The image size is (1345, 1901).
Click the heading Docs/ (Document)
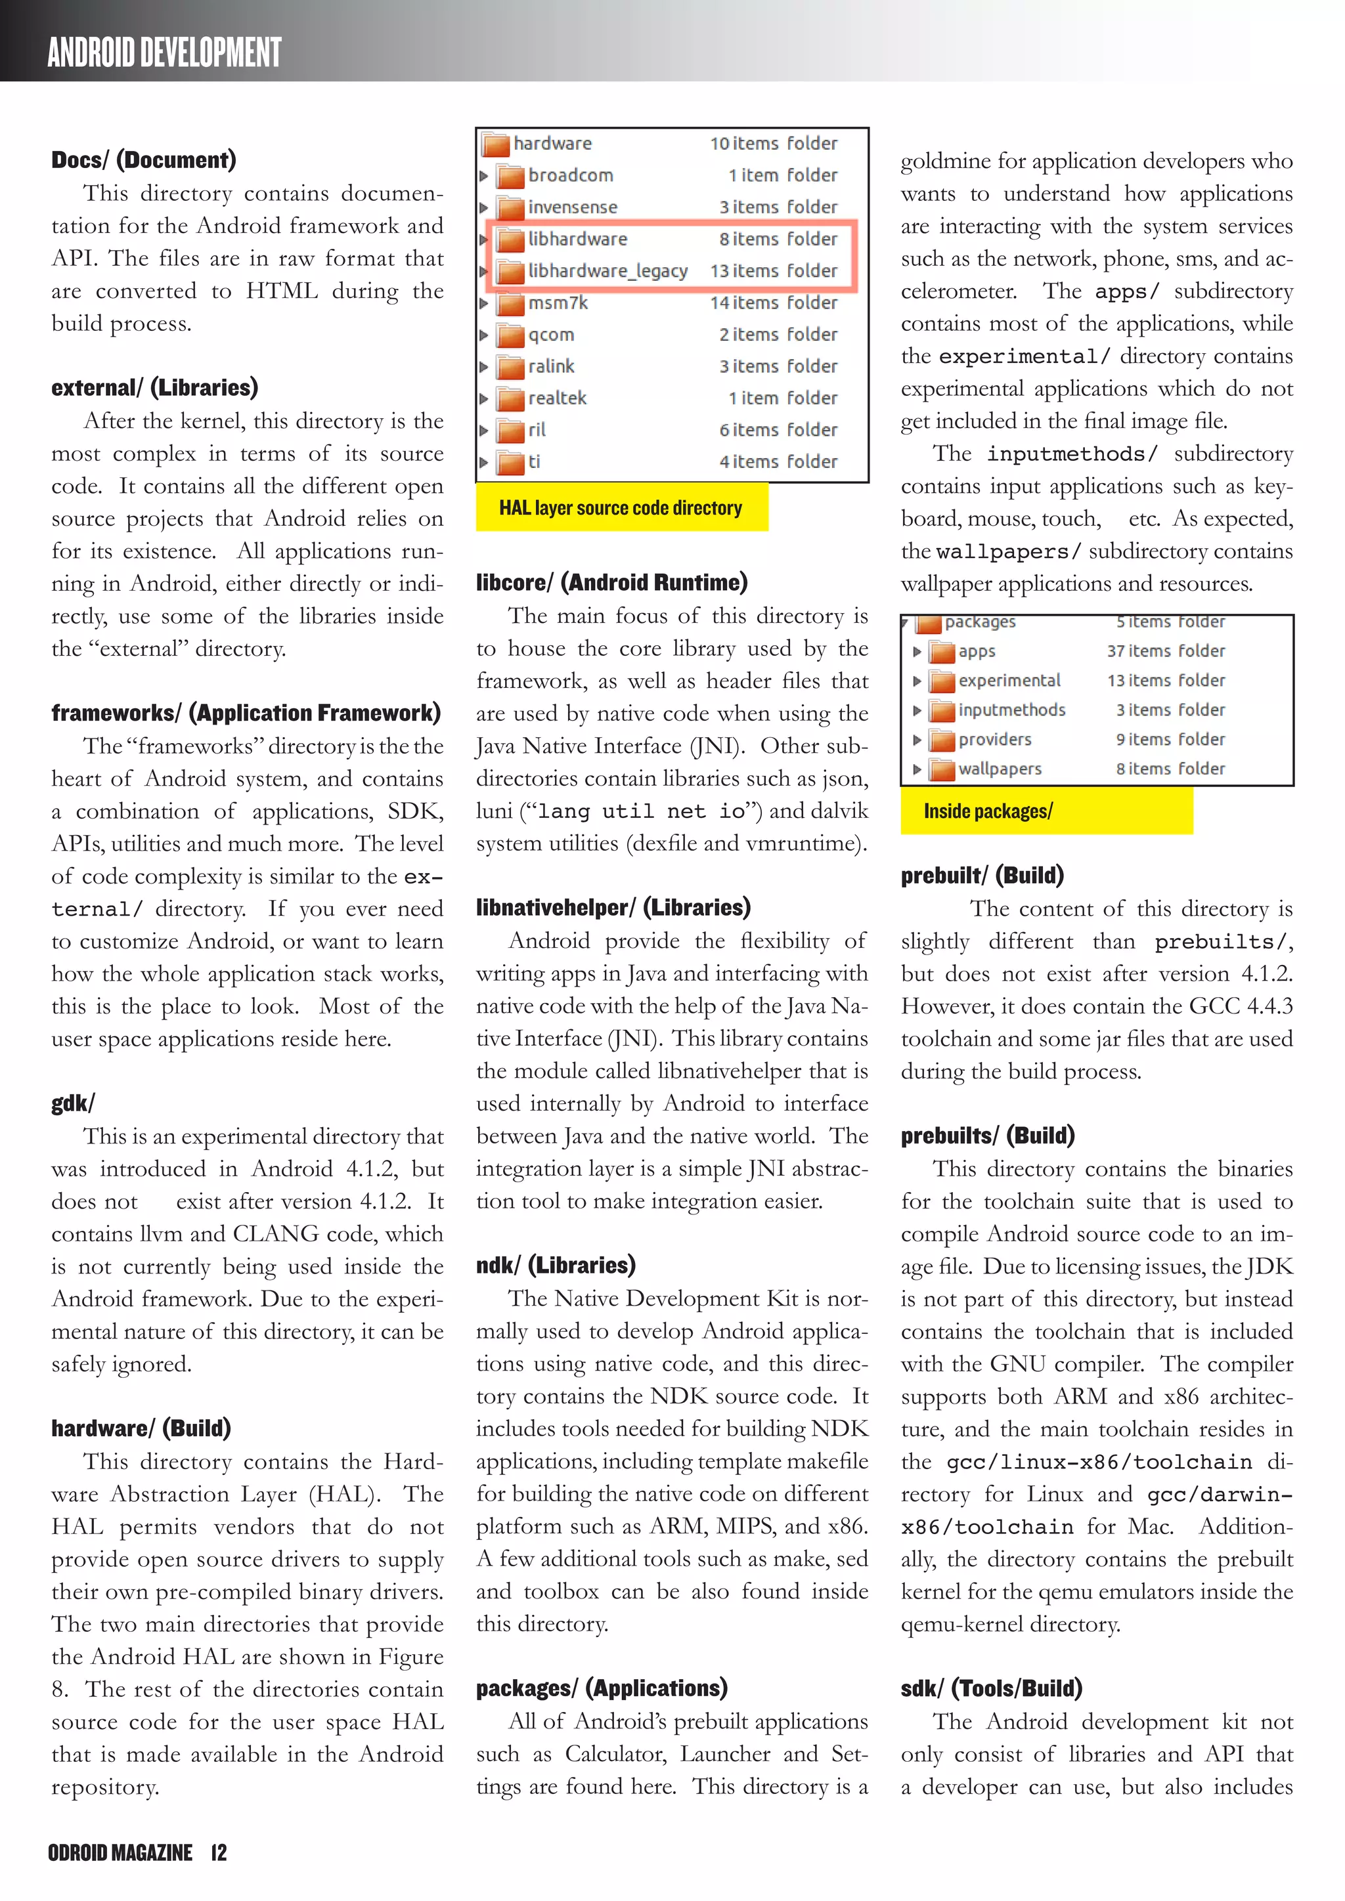coord(143,160)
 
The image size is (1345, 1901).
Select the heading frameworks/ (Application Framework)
coord(246,713)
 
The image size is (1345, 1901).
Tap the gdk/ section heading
coord(73,1103)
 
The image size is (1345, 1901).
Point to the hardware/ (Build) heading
coord(141,1428)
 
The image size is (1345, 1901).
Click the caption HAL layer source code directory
coord(621,507)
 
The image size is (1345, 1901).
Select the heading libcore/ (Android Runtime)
coord(611,583)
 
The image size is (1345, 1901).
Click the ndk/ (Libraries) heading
coord(556,1265)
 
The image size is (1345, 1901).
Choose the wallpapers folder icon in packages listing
coord(942,770)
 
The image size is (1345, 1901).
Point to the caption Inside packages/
coord(987,811)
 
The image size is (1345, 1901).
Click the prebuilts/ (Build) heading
coord(987,1135)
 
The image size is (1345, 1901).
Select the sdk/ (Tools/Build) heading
coord(992,1688)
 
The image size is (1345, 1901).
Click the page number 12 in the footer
coord(219,1853)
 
